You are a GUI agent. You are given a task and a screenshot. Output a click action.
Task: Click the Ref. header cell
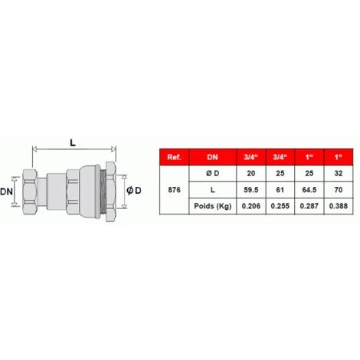pyautogui.click(x=174, y=157)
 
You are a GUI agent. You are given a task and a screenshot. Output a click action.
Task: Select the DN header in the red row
pyautogui.click(x=212, y=157)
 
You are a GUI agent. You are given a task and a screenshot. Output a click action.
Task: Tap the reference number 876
pyautogui.click(x=174, y=190)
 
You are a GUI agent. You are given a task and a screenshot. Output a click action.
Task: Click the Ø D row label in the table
pyautogui.click(x=212, y=173)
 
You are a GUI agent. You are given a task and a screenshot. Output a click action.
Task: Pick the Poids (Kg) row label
pyautogui.click(x=212, y=206)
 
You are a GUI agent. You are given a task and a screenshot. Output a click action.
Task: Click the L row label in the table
pyautogui.click(x=212, y=190)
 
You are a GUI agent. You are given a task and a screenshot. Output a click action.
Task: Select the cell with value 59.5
pyautogui.click(x=251, y=190)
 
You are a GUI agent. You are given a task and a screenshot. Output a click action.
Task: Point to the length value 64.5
pyautogui.click(x=309, y=190)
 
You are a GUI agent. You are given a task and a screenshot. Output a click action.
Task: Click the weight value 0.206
pyautogui.click(x=251, y=206)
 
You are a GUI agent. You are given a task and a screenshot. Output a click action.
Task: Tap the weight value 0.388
pyautogui.click(x=339, y=206)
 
